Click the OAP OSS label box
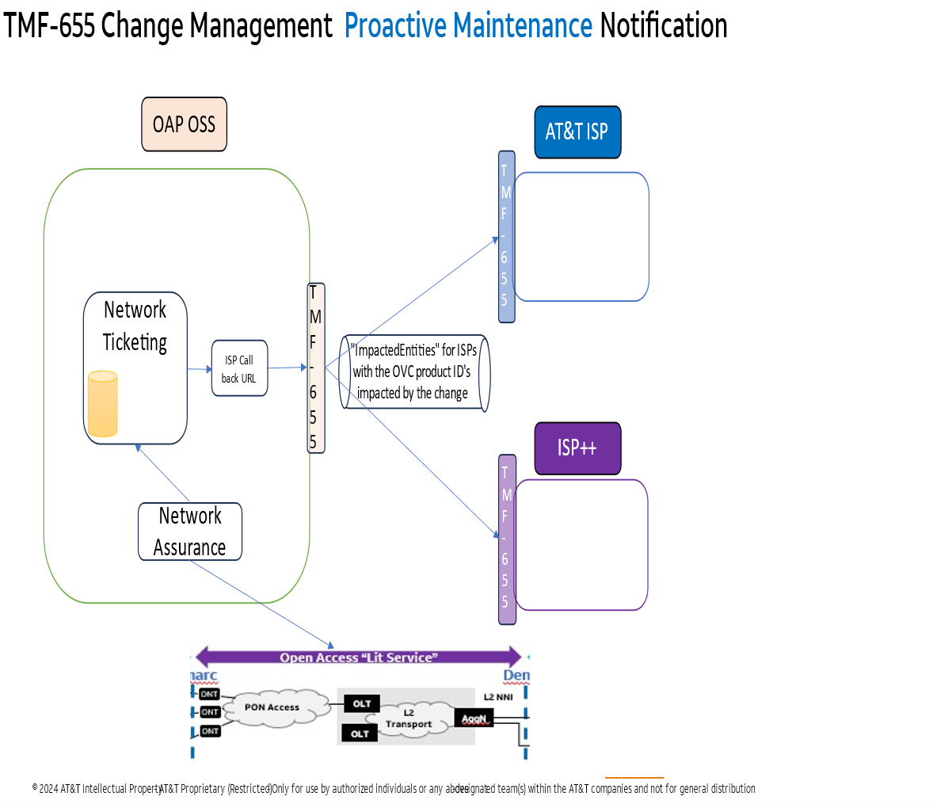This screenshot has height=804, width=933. [x=184, y=124]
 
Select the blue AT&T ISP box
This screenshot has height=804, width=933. [x=577, y=131]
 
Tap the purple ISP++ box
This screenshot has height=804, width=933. [x=577, y=448]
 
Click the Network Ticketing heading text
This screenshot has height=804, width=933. [x=135, y=326]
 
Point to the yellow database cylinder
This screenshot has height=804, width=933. [x=102, y=404]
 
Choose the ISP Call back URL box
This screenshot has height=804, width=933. [x=239, y=368]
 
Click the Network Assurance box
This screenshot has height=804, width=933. [x=190, y=532]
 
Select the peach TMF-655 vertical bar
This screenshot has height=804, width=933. [x=315, y=368]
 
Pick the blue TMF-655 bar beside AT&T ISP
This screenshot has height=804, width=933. [x=506, y=236]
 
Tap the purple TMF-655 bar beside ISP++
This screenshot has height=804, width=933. [x=507, y=539]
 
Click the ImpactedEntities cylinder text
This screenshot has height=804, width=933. [x=413, y=372]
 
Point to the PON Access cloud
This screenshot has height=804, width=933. [x=272, y=707]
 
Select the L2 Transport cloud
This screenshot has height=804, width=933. [x=409, y=718]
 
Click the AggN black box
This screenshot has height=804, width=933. [x=474, y=718]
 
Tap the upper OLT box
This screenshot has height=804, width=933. [x=362, y=703]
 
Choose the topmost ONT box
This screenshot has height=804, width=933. [x=209, y=694]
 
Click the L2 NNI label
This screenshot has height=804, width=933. [x=498, y=697]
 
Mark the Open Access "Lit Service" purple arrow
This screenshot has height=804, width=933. [x=358, y=657]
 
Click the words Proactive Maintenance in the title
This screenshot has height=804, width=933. [x=468, y=26]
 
